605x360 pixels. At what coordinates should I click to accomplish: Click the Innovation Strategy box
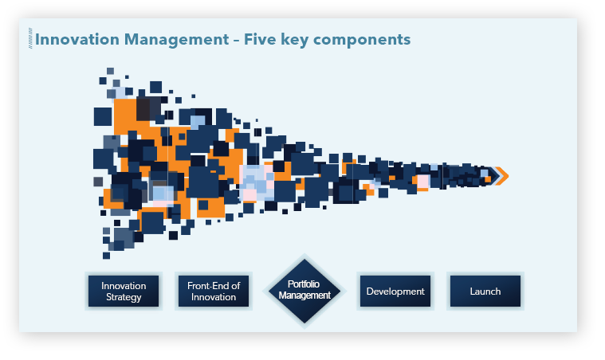click(124, 291)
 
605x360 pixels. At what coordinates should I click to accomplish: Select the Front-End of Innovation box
click(214, 291)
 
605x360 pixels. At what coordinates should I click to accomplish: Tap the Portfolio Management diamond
click(304, 291)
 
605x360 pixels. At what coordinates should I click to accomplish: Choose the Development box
click(395, 291)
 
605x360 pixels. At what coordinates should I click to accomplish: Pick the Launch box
click(485, 291)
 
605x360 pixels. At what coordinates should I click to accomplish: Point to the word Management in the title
click(177, 40)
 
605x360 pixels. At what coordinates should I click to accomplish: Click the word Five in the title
click(260, 40)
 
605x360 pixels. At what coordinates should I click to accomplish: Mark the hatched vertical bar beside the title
click(30, 38)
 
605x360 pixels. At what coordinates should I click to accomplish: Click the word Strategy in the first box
click(124, 297)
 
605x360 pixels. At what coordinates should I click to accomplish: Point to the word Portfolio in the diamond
click(304, 284)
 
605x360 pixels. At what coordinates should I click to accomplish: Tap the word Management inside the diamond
click(304, 295)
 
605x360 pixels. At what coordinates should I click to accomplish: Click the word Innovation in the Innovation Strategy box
click(124, 286)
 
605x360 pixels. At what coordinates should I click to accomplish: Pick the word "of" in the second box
click(236, 286)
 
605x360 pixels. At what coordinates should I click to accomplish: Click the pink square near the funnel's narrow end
click(423, 181)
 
